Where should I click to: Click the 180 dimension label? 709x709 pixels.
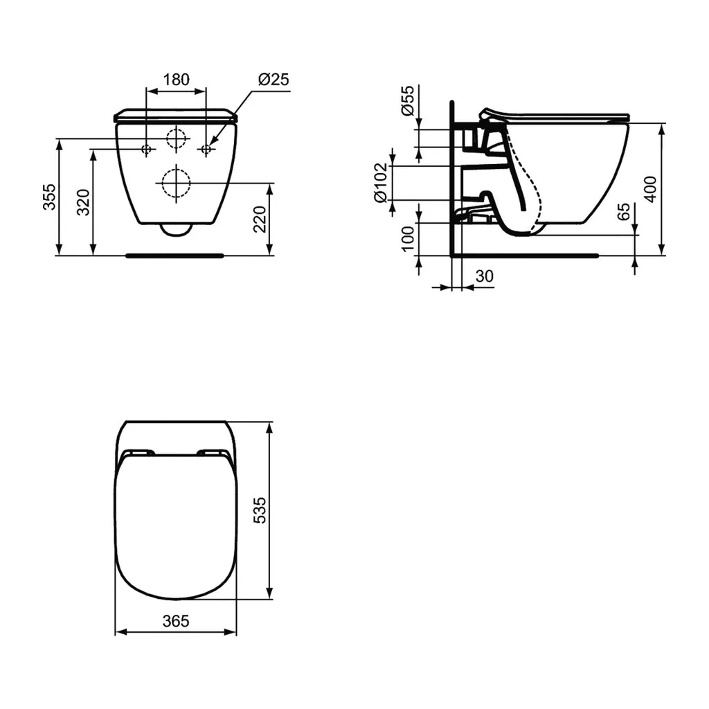176,79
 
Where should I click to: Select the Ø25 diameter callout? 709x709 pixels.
273,79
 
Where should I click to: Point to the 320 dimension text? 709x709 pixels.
83,202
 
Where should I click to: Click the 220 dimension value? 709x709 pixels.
260,219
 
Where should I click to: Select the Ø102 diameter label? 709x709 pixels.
380,183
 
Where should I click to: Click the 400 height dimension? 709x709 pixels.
649,188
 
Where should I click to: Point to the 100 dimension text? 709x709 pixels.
408,237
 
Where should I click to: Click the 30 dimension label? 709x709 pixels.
485,276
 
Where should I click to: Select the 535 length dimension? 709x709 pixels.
259,510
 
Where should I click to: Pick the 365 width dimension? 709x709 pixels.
176,620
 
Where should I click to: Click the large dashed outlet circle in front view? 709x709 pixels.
176,183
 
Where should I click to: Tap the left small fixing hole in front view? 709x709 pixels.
147,149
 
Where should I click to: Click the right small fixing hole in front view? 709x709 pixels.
206,149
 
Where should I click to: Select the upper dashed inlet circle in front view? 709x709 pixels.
177,138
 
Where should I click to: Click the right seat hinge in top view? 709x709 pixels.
213,453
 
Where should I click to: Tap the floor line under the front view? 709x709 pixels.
174,255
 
